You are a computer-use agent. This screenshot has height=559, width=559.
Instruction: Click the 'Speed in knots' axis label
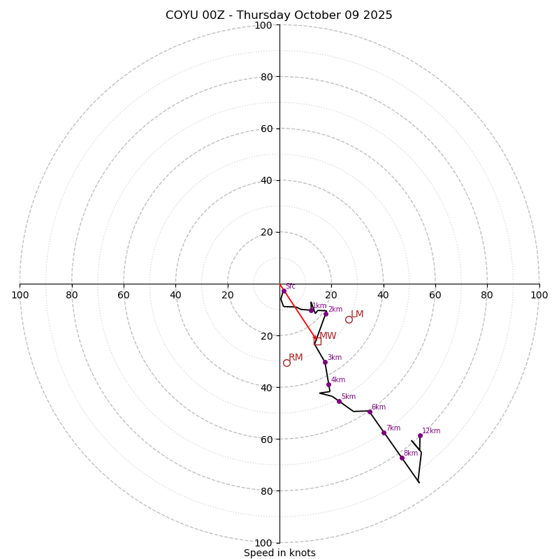(x=279, y=553)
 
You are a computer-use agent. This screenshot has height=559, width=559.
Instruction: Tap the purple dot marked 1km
(x=312, y=310)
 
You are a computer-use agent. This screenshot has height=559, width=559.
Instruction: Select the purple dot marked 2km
(x=326, y=314)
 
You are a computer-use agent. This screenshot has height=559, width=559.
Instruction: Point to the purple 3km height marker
(x=325, y=362)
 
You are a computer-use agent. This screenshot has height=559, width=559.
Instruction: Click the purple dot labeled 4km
(x=328, y=384)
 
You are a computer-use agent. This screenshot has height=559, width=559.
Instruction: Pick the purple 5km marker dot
(x=339, y=401)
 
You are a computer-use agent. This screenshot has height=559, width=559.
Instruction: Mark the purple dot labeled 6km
(x=370, y=412)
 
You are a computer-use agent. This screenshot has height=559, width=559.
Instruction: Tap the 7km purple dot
(x=384, y=433)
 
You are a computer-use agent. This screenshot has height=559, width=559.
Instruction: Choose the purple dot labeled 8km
(x=402, y=458)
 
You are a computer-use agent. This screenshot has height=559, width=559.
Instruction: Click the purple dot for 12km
(x=420, y=435)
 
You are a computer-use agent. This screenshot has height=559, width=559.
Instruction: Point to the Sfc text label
(x=290, y=286)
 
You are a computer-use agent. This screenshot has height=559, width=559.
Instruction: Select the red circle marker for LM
(x=349, y=319)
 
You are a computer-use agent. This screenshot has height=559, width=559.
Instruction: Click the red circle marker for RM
(x=286, y=363)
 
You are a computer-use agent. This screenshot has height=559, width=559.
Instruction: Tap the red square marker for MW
(x=318, y=341)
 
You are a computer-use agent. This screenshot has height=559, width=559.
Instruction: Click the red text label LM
(x=357, y=314)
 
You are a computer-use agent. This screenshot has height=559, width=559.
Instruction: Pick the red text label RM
(x=296, y=357)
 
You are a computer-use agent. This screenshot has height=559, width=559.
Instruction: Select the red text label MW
(x=328, y=336)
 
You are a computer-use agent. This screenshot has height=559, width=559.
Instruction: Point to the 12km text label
(x=431, y=431)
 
